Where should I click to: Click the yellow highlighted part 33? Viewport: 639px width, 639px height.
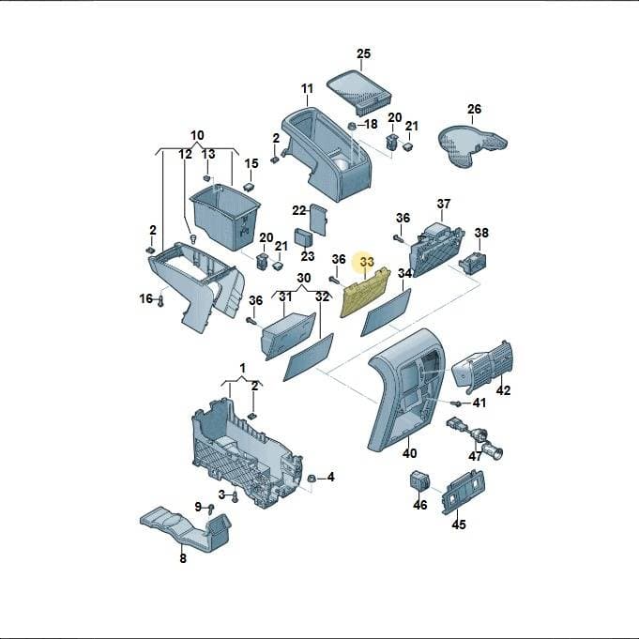click(365, 292)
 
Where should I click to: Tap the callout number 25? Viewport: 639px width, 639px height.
click(364, 53)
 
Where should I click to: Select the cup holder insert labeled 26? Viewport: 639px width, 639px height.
click(472, 145)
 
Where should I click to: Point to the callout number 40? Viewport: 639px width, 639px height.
click(409, 453)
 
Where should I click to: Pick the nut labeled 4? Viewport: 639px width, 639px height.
click(312, 479)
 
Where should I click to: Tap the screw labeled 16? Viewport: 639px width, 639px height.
click(161, 301)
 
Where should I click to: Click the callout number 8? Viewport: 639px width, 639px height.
click(183, 558)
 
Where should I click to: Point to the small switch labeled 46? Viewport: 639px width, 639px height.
click(419, 481)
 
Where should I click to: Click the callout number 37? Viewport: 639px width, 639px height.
click(444, 204)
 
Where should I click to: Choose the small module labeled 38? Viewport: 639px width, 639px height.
click(473, 262)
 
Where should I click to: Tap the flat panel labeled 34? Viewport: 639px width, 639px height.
click(386, 312)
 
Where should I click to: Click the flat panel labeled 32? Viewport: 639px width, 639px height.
click(309, 358)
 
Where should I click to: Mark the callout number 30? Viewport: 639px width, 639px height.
click(304, 278)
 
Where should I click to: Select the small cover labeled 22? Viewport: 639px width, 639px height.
click(319, 220)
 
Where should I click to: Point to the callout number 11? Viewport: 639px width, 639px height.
click(307, 88)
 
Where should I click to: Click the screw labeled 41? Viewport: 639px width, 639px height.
click(457, 403)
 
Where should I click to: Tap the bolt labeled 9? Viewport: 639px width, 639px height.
click(211, 508)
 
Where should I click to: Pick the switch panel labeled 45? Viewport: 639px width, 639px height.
click(464, 492)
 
